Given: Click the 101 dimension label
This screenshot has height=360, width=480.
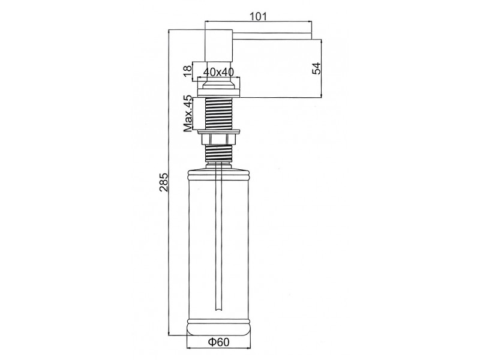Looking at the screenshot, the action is [x=259, y=16].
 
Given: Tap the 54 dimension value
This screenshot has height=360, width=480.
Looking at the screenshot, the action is [x=317, y=68].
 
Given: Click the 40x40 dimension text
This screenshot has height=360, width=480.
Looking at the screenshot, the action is [x=218, y=72].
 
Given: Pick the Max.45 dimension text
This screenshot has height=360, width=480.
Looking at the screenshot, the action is [x=188, y=113].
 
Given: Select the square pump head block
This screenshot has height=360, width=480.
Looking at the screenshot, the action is [x=218, y=46].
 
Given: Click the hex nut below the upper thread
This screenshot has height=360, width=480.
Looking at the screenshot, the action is [x=218, y=140].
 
